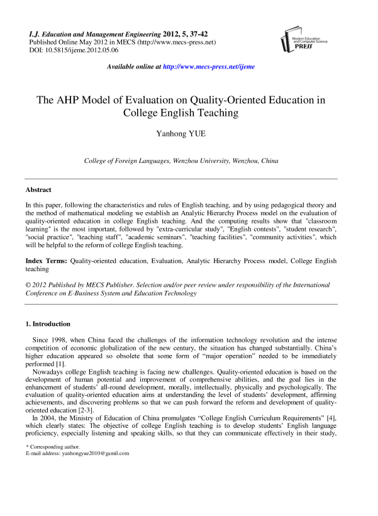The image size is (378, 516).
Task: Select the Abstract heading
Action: pyautogui.click(x=38, y=189)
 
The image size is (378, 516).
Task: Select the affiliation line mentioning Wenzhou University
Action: pyautogui.click(x=181, y=161)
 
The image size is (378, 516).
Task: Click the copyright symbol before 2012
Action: pyautogui.click(x=28, y=285)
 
